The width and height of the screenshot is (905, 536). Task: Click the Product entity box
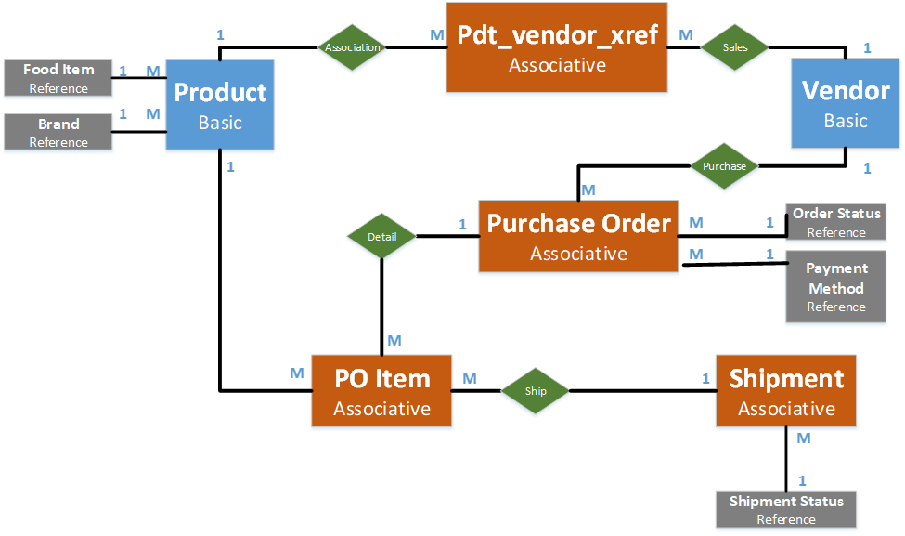point(220,106)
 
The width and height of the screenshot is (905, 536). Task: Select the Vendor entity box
point(846,104)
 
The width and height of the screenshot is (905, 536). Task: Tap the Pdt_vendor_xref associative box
point(557,48)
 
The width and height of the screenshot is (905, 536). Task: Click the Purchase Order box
point(578,237)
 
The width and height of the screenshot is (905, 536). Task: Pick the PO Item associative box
point(381,392)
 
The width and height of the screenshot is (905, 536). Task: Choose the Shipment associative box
point(786,392)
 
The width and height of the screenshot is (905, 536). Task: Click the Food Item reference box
point(58,79)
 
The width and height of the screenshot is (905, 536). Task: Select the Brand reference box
point(58,133)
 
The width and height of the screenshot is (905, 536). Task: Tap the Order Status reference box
point(835,223)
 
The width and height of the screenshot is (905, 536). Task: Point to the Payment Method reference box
point(835,287)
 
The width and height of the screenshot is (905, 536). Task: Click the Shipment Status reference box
point(786,510)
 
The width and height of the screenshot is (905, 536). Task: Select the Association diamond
point(353,47)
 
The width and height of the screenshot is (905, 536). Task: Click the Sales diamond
point(735,47)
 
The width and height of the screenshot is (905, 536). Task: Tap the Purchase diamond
point(724,167)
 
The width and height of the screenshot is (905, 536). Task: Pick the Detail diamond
point(381,237)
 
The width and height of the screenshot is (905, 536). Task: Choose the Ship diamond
point(536,391)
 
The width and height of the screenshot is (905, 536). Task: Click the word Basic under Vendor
point(846,122)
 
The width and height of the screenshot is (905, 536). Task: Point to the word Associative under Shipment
point(786,409)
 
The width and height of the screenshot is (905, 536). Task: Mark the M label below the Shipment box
point(804,438)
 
